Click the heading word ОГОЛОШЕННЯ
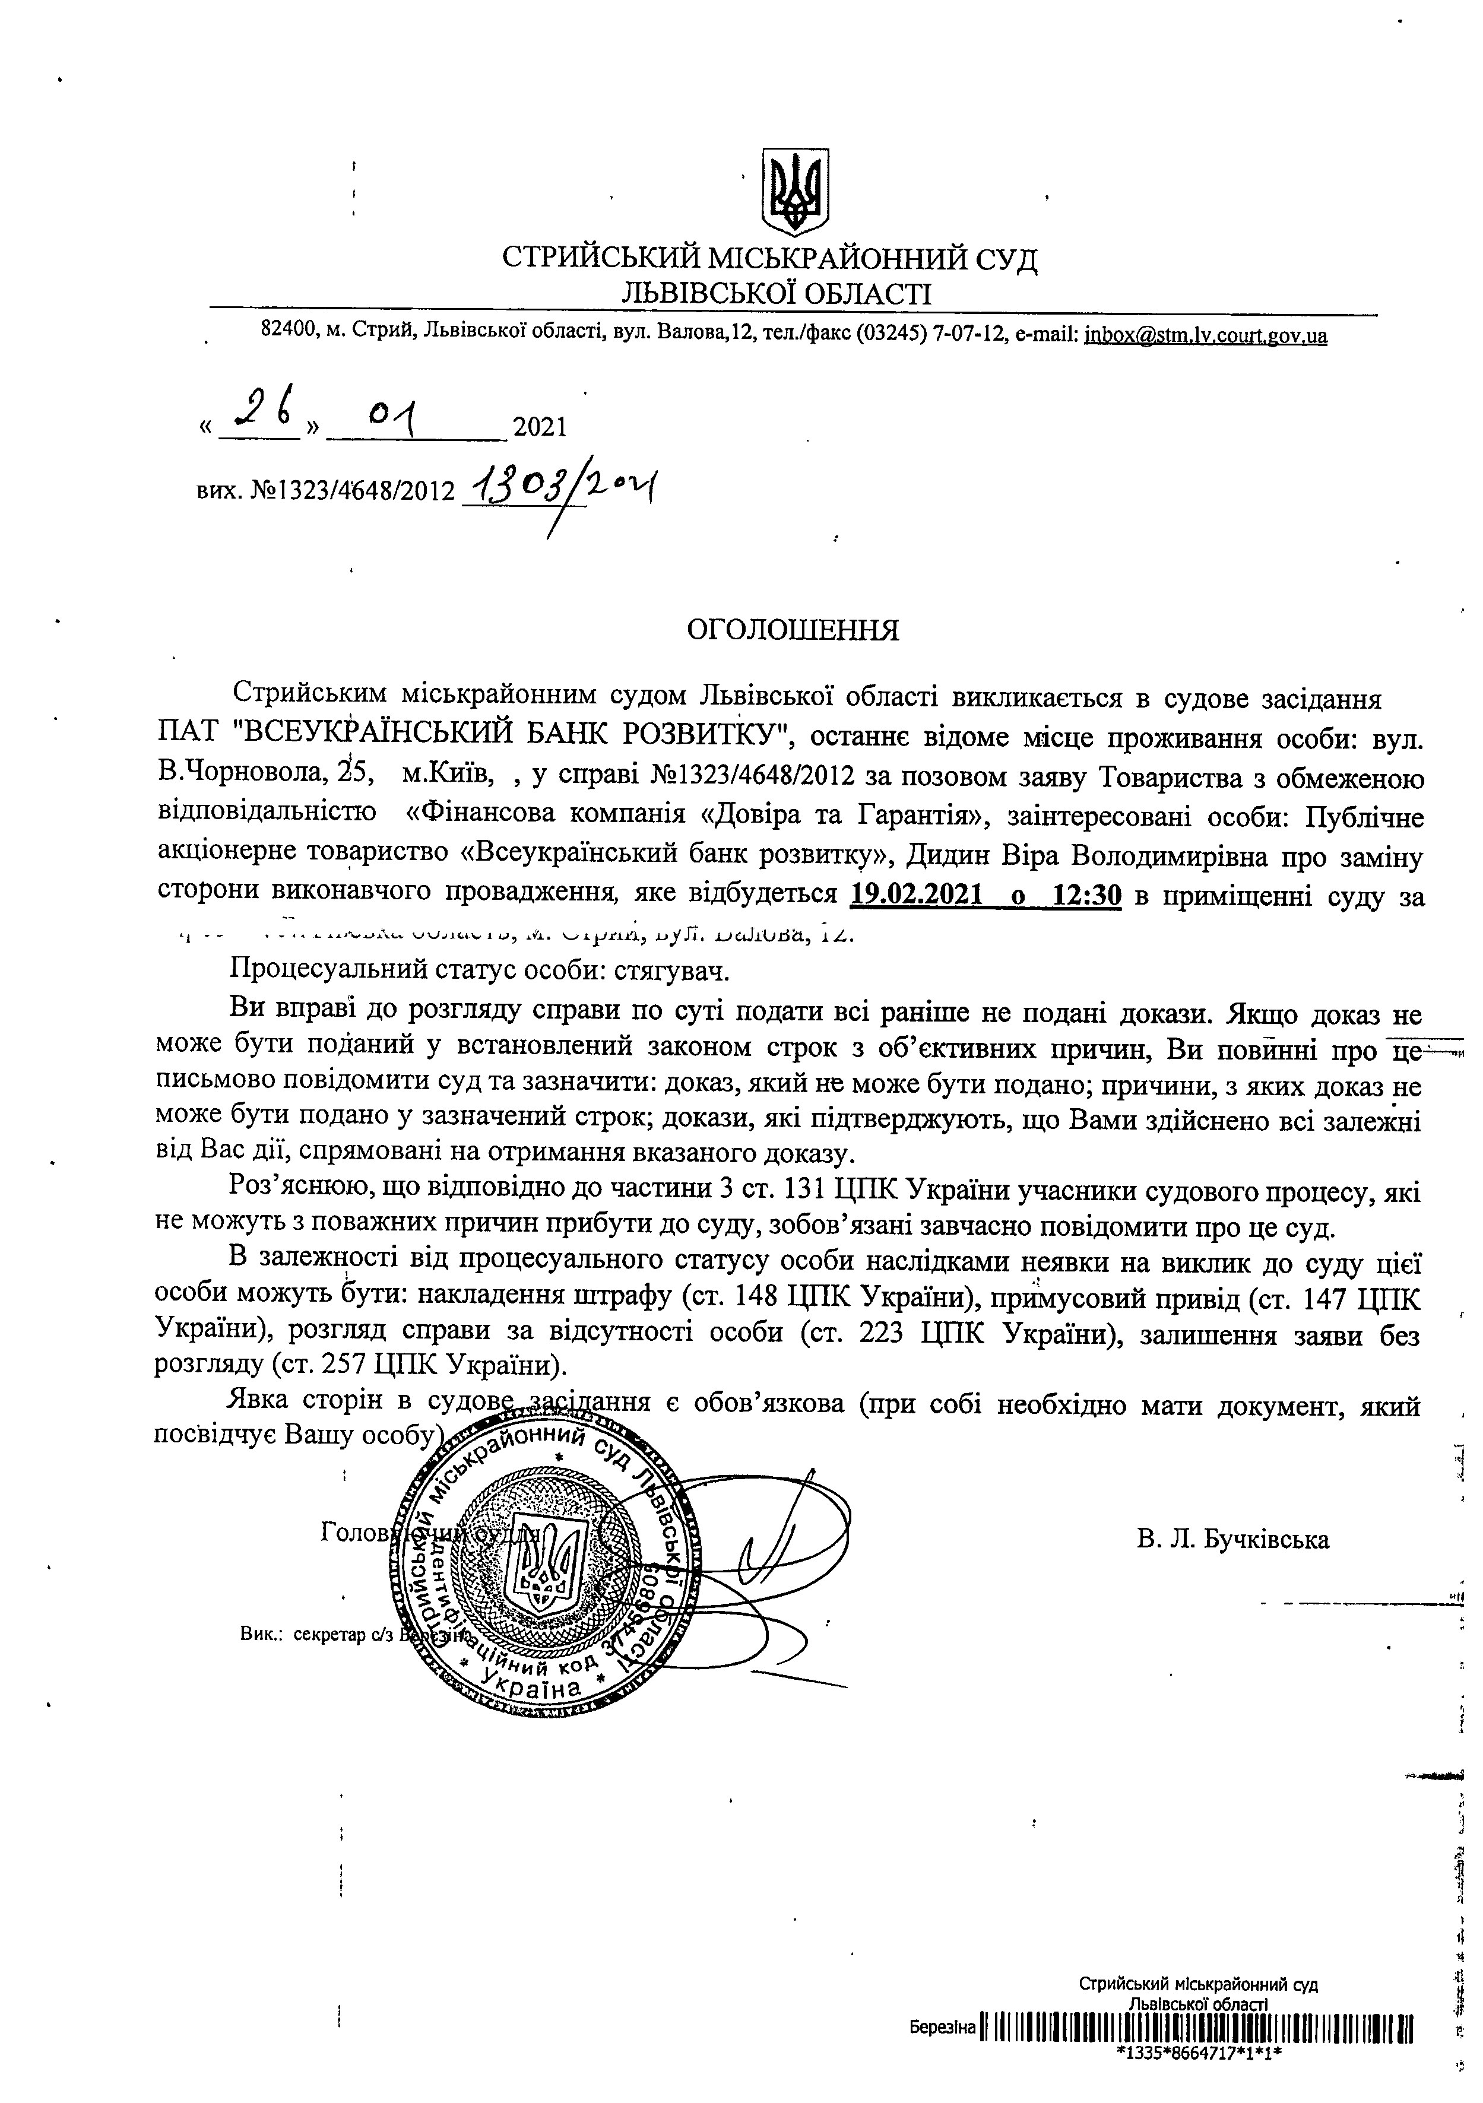[793, 630]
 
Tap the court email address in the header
[1205, 335]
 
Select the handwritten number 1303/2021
[560, 486]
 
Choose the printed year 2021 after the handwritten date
[540, 427]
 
